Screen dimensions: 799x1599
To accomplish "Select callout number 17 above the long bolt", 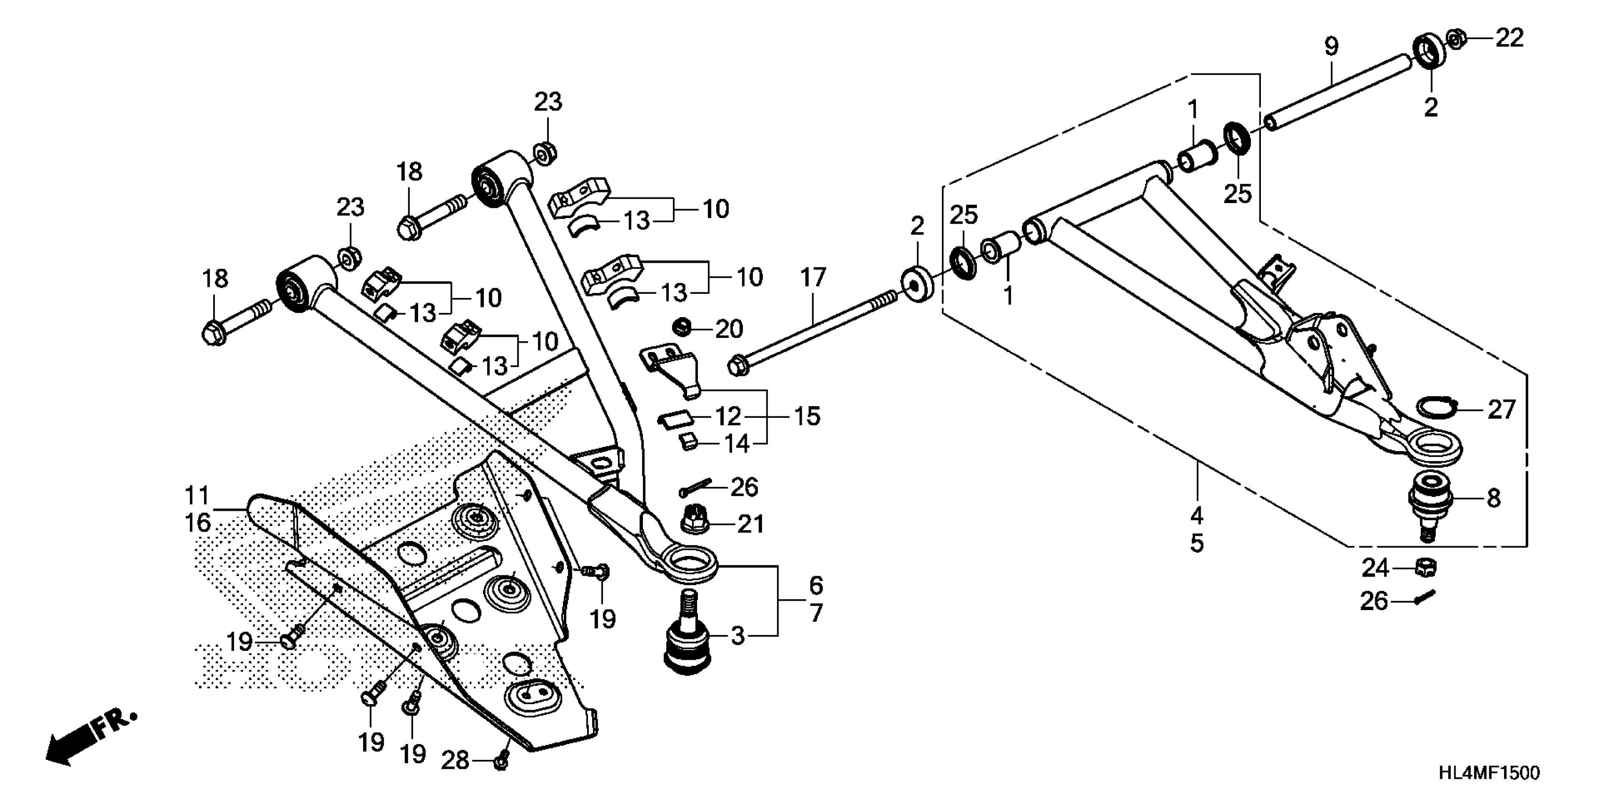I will (x=813, y=277).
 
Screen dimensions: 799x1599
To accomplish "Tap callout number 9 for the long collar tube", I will (x=1331, y=47).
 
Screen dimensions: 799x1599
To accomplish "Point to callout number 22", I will (x=1510, y=39).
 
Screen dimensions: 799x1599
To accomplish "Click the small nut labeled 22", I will (x=1456, y=39).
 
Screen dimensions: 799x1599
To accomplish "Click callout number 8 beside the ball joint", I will (x=1494, y=498).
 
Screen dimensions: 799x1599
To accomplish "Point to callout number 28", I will (x=455, y=760).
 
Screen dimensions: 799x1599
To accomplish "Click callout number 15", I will (x=807, y=415).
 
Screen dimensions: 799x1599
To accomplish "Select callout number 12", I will (x=728, y=415).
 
